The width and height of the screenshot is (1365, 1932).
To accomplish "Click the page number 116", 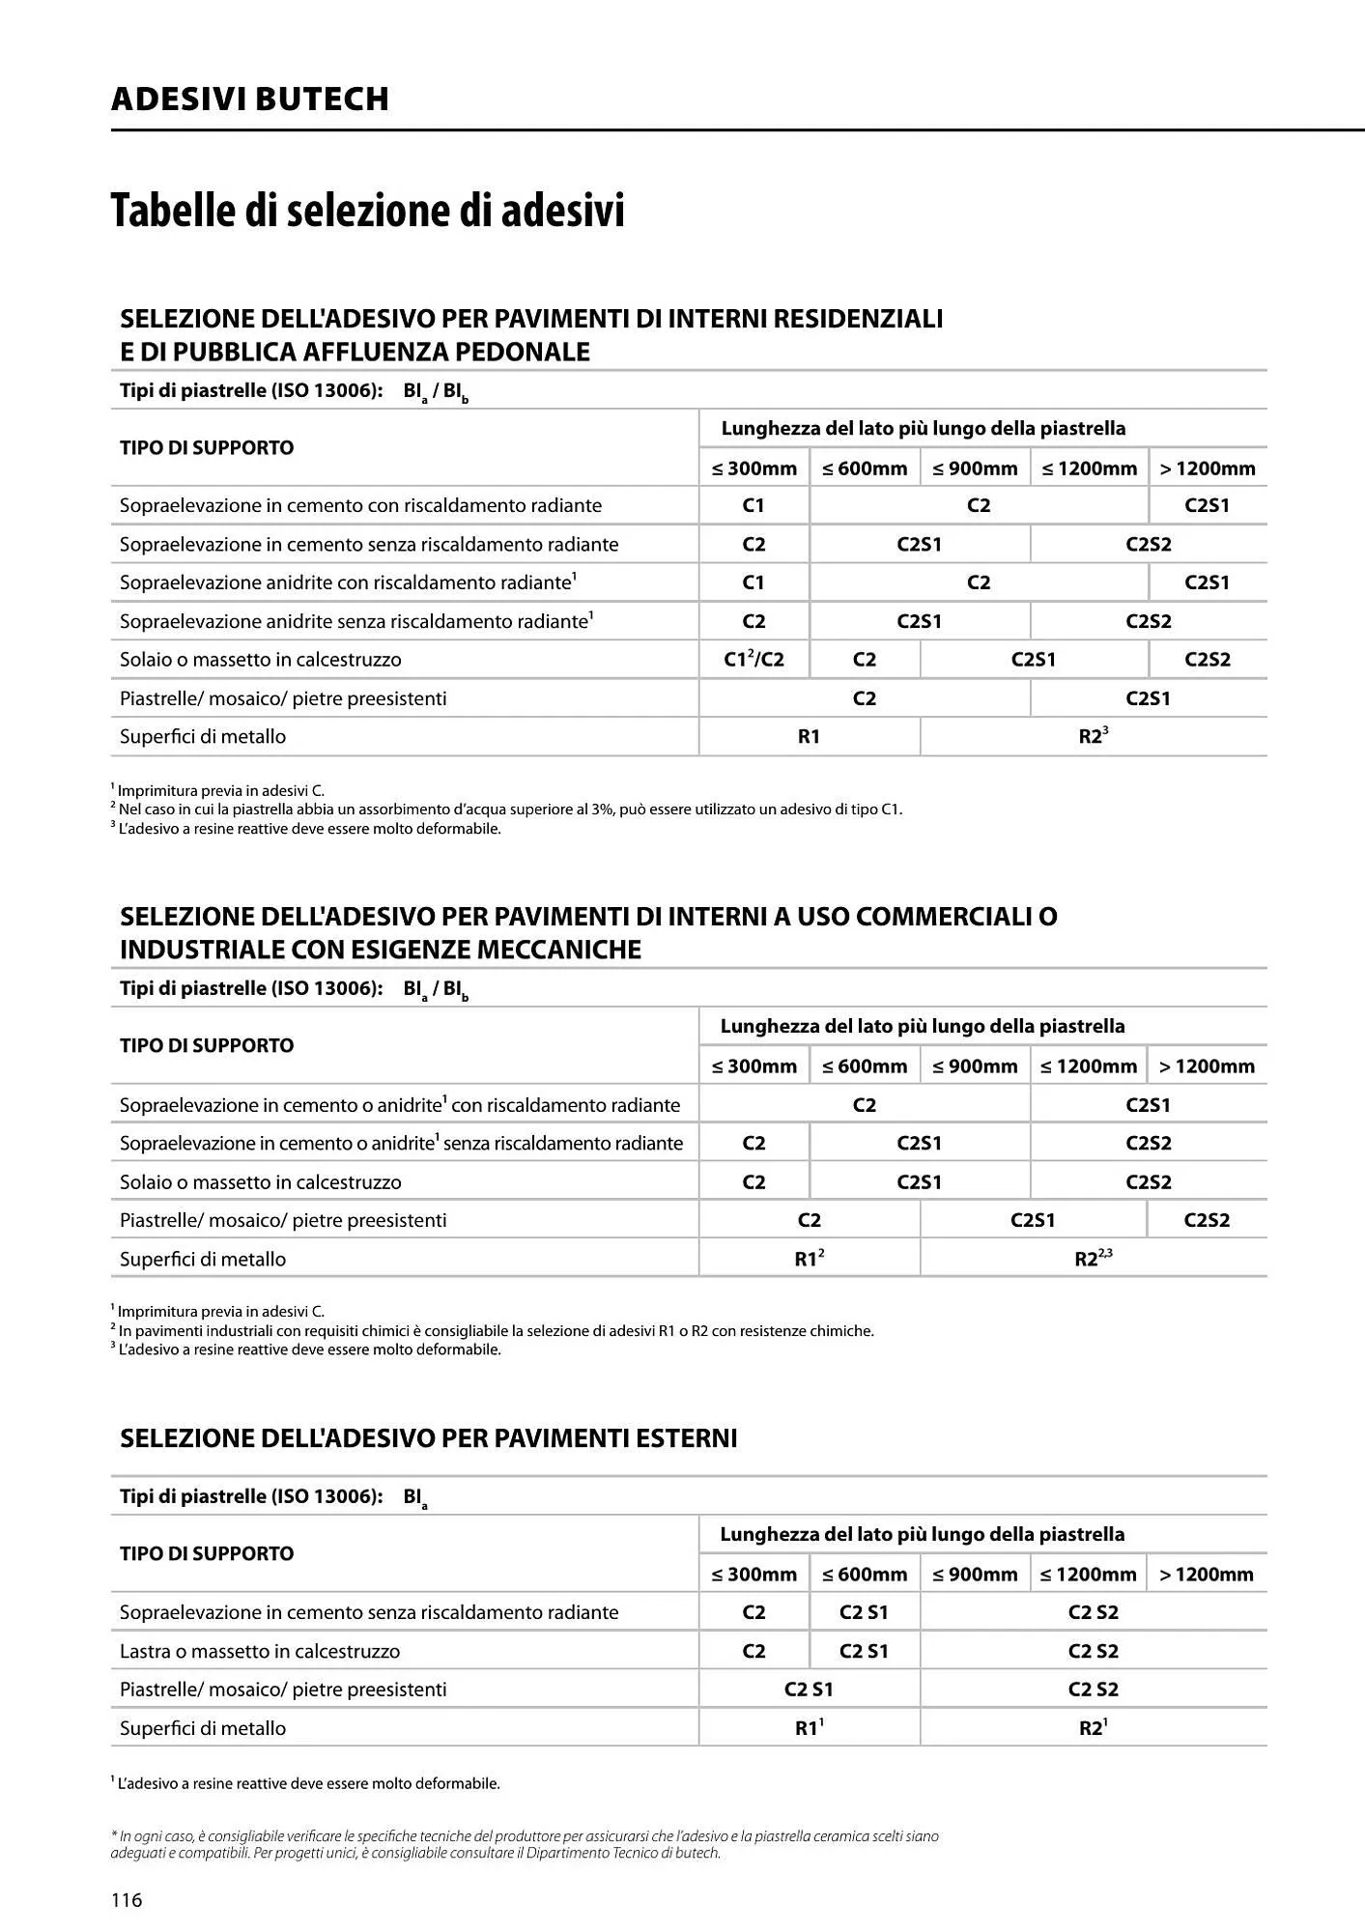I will (127, 1899).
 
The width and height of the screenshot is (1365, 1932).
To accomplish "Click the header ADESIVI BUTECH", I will (250, 99).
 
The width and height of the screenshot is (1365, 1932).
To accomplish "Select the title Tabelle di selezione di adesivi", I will (368, 210).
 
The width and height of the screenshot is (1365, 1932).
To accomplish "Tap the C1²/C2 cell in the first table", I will (754, 660).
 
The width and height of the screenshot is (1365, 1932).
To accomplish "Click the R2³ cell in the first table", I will (1093, 736).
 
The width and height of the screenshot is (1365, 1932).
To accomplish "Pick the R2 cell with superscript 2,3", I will (1093, 1259).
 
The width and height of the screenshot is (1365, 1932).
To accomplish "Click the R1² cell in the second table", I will (809, 1259).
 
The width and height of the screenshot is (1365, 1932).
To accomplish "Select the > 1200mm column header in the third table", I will (1207, 1574).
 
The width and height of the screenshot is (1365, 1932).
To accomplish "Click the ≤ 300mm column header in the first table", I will (754, 469).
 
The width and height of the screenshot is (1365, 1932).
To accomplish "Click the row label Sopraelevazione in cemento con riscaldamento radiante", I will (360, 505).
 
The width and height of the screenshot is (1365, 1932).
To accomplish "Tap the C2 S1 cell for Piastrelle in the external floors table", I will (809, 1690).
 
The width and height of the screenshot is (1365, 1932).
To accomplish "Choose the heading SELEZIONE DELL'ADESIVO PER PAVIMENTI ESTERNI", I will (428, 1438).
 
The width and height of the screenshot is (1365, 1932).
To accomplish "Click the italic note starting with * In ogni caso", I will (525, 1844).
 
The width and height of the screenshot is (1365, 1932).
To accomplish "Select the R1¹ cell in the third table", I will (809, 1728).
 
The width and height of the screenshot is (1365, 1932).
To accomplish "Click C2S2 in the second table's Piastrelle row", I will (1207, 1220).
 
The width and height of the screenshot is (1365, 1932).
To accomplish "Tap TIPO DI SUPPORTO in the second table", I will (207, 1045).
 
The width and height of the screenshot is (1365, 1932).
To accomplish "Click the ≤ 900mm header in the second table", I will (975, 1066).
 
